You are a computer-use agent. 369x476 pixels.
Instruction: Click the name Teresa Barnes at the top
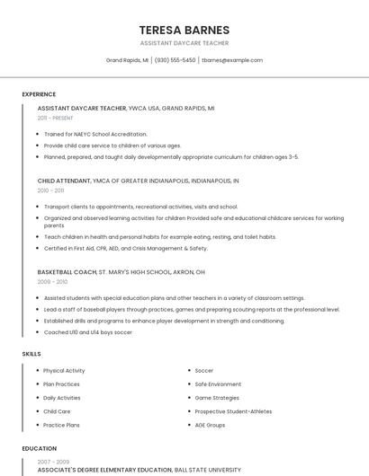pyautogui.click(x=184, y=30)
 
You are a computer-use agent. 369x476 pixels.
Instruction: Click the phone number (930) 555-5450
pyautogui.click(x=175, y=60)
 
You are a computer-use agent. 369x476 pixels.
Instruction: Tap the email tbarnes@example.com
pyautogui.click(x=232, y=60)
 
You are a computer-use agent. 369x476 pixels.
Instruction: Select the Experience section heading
pyautogui.click(x=39, y=94)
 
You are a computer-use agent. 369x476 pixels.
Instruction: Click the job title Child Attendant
pyautogui.click(x=64, y=181)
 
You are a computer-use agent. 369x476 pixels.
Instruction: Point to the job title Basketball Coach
pyautogui.click(x=67, y=271)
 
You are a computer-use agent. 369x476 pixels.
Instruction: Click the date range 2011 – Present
pyautogui.click(x=55, y=118)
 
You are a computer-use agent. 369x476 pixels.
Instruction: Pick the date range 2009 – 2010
pyautogui.click(x=51, y=281)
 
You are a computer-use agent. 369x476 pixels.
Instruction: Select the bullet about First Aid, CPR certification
pyautogui.click(x=125, y=249)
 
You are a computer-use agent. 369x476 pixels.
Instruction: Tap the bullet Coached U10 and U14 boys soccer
pyautogui.click(x=87, y=332)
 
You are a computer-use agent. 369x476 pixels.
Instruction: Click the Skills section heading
pyautogui.click(x=31, y=354)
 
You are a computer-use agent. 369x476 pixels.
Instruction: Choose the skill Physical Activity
pyautogui.click(x=64, y=371)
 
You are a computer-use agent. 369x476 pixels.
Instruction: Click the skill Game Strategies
pyautogui.click(x=217, y=398)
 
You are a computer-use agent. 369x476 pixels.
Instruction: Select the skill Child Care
pyautogui.click(x=57, y=411)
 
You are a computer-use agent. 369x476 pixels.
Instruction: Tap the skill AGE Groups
pyautogui.click(x=210, y=425)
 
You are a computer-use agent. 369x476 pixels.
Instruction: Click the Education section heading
pyautogui.click(x=39, y=448)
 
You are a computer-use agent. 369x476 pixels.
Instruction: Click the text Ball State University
pyautogui.click(x=207, y=470)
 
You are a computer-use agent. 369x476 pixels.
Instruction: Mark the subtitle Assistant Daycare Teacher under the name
pyautogui.click(x=184, y=43)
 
